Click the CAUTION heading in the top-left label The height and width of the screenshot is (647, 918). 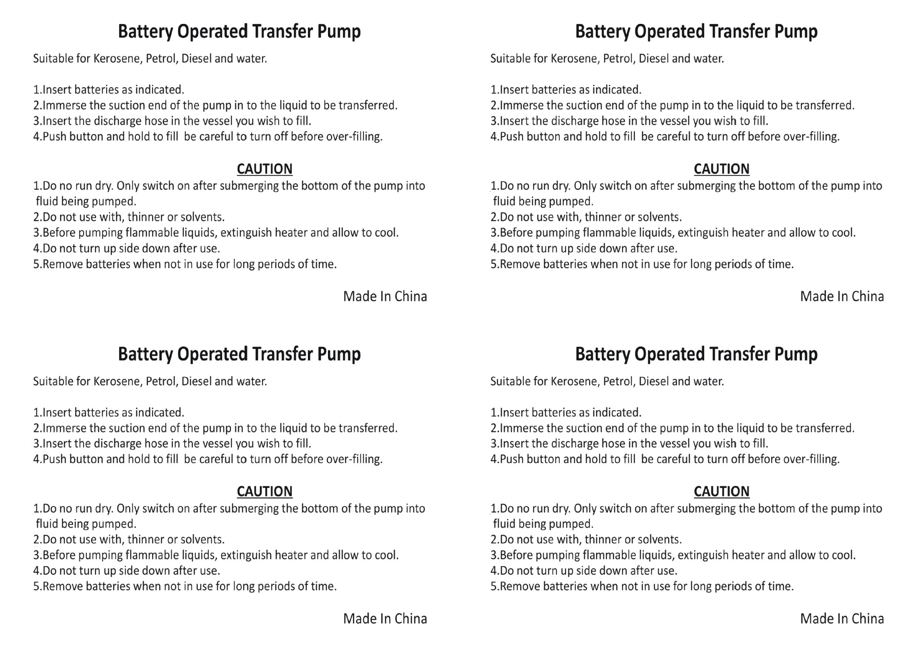pos(264,169)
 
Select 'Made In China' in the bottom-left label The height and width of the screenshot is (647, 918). pos(385,619)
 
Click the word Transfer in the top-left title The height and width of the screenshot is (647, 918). pos(282,32)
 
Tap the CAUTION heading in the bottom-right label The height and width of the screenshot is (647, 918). pos(721,492)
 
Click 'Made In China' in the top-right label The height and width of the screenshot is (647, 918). pos(842,296)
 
